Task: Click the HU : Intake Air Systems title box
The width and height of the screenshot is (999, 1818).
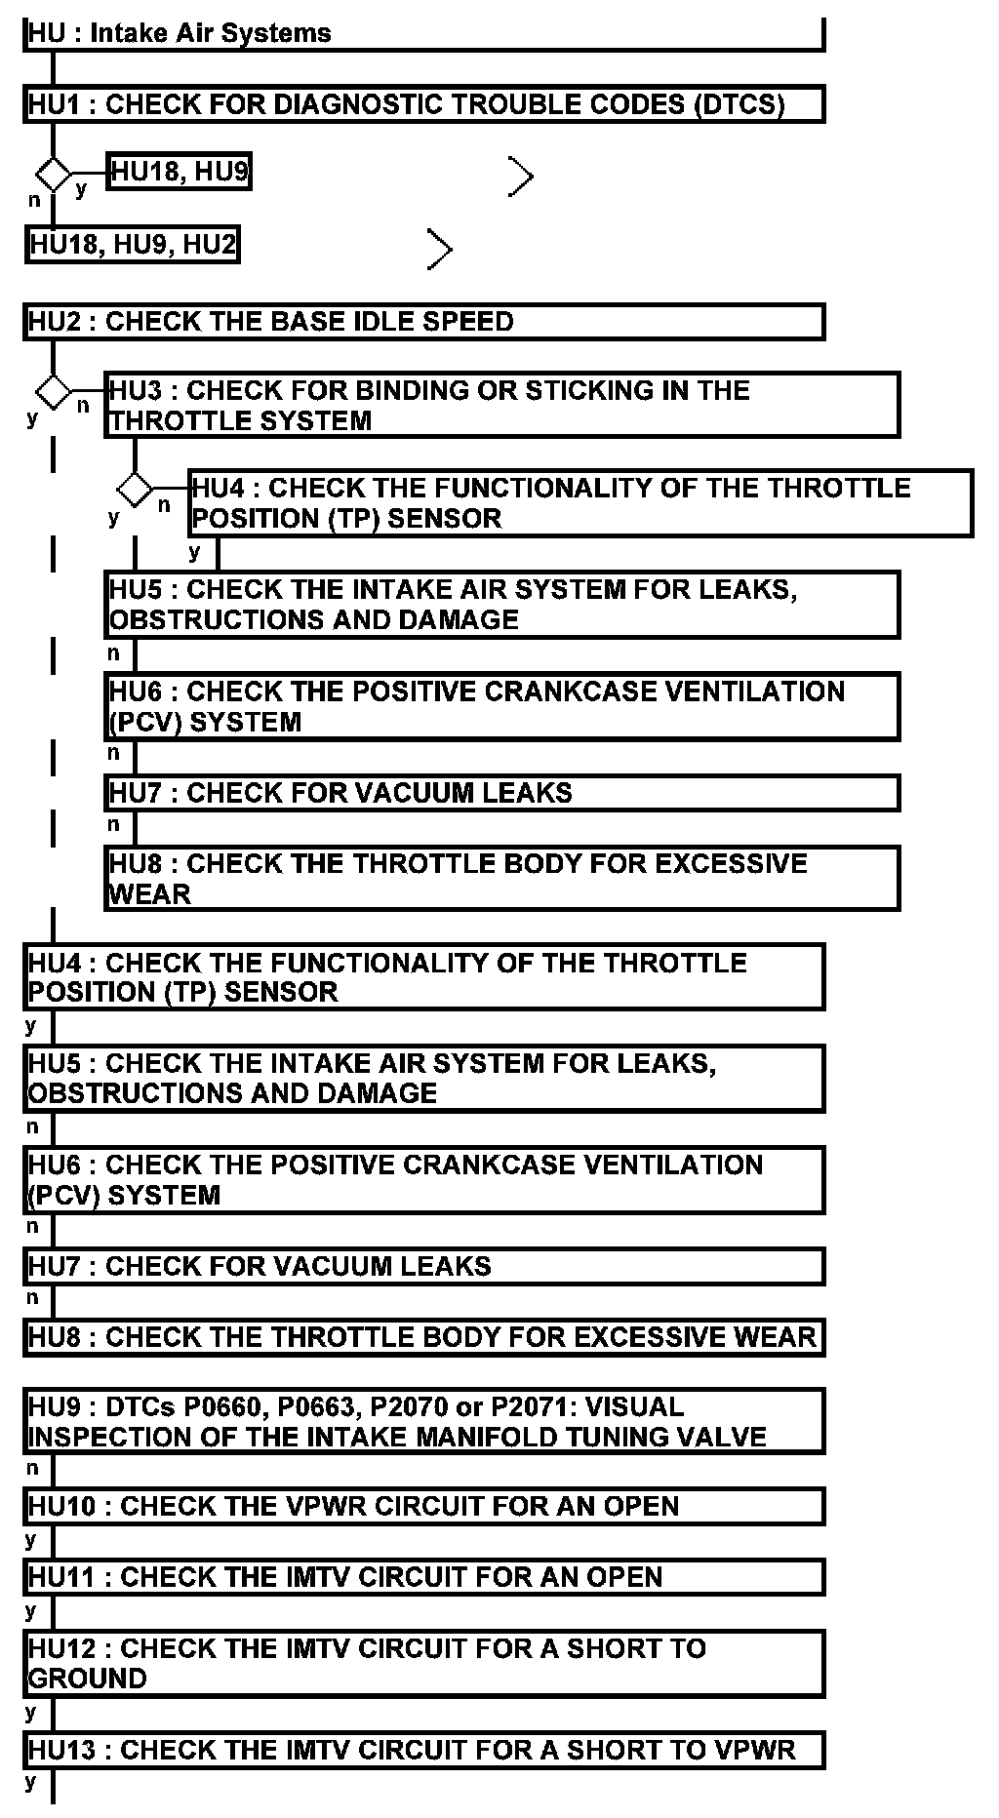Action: coord(423,33)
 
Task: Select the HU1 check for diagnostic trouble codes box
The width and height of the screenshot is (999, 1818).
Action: coord(423,104)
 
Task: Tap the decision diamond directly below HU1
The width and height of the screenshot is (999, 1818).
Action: coord(53,175)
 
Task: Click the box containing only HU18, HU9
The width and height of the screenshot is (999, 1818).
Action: coord(180,173)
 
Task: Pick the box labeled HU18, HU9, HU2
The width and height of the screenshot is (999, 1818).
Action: coord(133,244)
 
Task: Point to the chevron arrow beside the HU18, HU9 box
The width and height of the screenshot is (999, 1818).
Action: coord(522,177)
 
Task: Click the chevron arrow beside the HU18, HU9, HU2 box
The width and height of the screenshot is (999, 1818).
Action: coord(441,249)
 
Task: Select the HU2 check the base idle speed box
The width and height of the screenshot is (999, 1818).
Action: coord(423,322)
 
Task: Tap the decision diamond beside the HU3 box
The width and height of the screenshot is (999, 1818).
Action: coord(53,393)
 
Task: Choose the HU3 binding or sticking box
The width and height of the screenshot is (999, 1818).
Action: coord(501,405)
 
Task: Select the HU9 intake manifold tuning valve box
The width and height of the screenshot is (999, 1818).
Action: coord(423,1421)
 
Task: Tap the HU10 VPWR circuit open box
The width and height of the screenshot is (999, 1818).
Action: coord(423,1506)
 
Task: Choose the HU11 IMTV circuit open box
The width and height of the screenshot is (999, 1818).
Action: coord(423,1577)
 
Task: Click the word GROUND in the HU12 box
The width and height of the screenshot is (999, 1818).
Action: coord(88,1679)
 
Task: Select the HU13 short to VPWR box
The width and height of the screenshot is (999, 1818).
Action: coord(423,1750)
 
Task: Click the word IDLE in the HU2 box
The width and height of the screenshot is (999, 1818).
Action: coord(382,322)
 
